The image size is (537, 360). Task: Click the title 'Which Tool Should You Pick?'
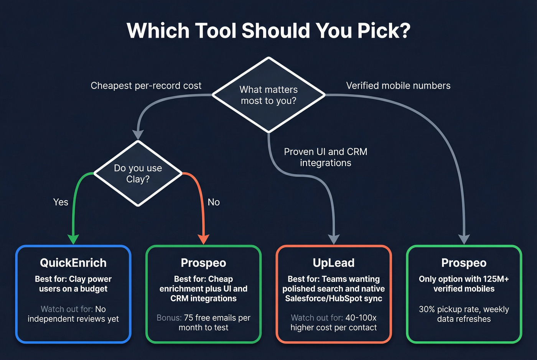[x=268, y=31]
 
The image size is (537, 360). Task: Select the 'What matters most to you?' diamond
[x=268, y=95]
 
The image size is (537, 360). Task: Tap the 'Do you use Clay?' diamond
[x=138, y=173]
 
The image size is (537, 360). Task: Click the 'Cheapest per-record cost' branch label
[x=146, y=85]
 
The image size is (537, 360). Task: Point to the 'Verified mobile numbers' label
[x=398, y=85]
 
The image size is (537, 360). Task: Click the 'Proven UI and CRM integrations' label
[x=326, y=157]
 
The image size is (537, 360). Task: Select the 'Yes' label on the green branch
[x=61, y=202]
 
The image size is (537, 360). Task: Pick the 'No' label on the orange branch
[x=214, y=202]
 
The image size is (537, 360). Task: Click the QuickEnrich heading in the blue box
[x=73, y=263]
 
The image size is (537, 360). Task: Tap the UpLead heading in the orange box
[x=334, y=263]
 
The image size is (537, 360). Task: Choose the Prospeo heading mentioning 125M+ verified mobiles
[x=464, y=263]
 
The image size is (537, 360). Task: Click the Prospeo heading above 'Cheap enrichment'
[x=203, y=263]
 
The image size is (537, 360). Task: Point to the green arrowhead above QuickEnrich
[x=73, y=239]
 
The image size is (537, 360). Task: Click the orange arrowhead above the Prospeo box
[x=203, y=239]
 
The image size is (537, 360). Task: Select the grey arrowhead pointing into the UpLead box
[x=334, y=239]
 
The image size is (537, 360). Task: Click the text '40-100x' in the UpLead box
[x=361, y=318]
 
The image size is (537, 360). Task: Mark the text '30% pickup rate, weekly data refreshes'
[x=464, y=314]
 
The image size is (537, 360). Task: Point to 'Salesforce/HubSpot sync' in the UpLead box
[x=334, y=298]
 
